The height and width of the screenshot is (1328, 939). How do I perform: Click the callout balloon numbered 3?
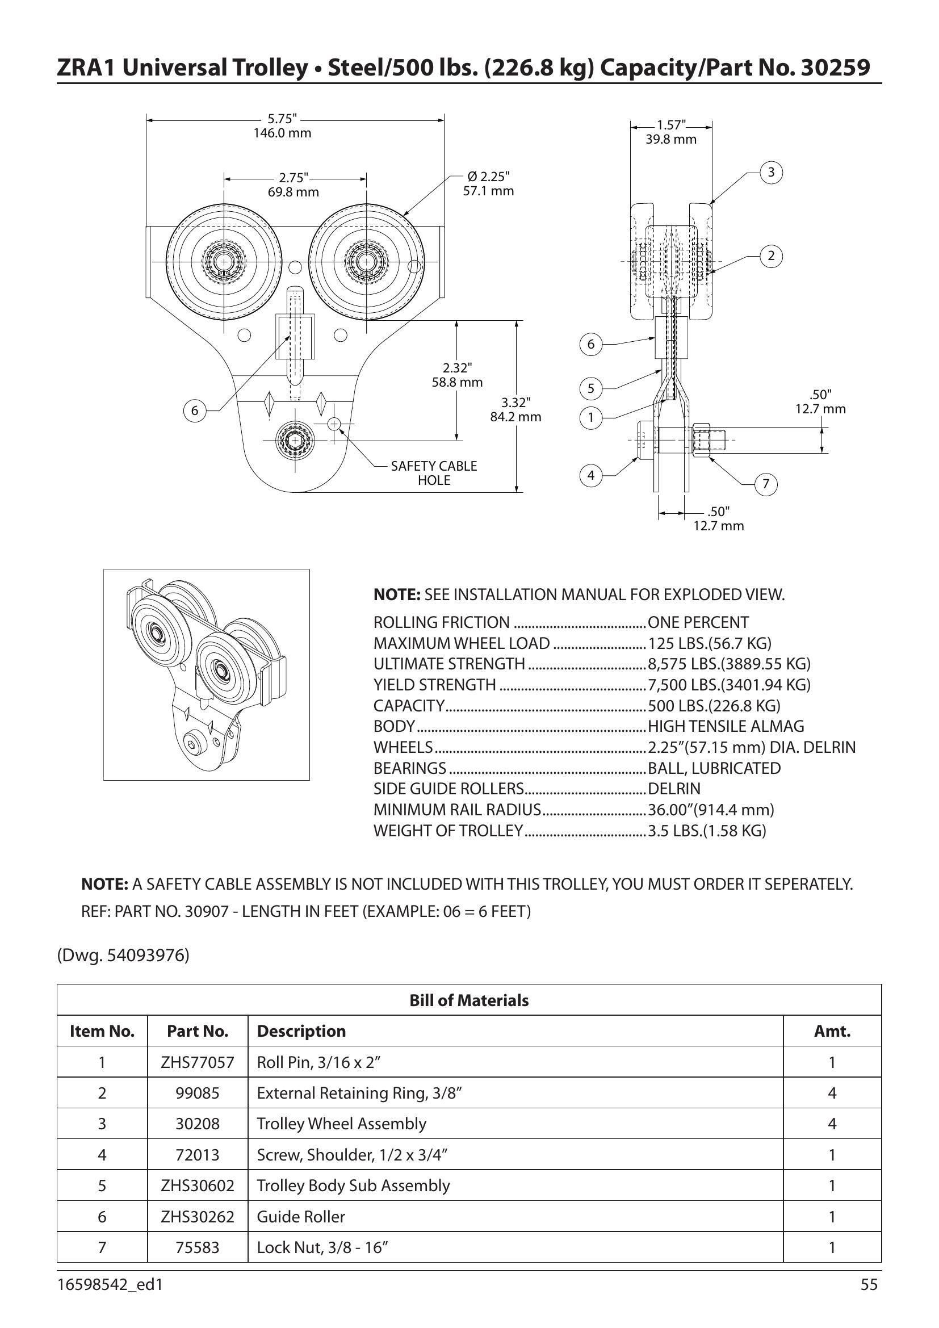[x=771, y=173]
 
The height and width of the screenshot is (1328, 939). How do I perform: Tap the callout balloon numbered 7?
[x=766, y=484]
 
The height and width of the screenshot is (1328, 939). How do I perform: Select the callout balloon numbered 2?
[x=771, y=255]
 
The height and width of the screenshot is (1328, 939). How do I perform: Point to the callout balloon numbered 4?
[x=591, y=475]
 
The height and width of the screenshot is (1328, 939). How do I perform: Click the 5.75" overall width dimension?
[x=282, y=125]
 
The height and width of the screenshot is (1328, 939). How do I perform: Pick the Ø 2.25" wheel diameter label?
[x=489, y=183]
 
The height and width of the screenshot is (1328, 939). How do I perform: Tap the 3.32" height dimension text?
[x=515, y=409]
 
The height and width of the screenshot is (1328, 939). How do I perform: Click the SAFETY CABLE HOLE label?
[x=434, y=473]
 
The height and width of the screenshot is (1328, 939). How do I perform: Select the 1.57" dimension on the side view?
[x=671, y=132]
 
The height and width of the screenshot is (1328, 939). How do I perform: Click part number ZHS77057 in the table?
[x=198, y=1062]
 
